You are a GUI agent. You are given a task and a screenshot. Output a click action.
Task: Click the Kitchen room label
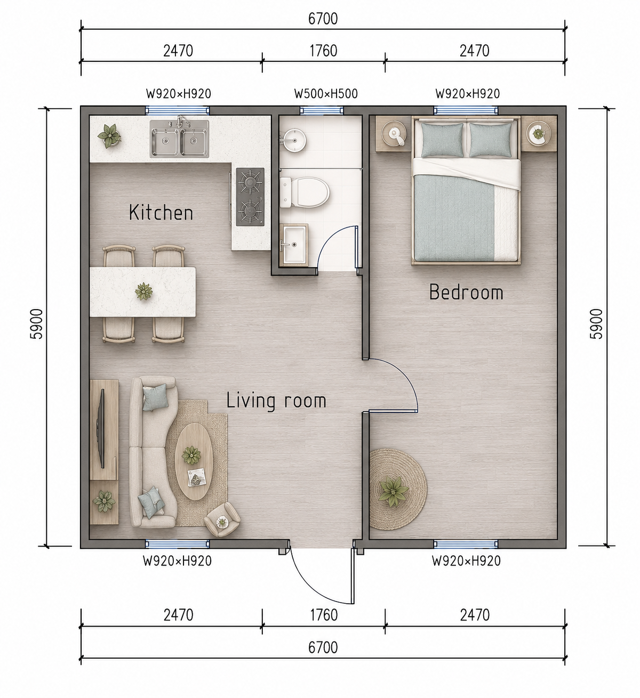161,213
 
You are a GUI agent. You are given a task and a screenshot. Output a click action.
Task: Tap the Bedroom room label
466,292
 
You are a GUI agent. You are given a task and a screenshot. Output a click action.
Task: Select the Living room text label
276,401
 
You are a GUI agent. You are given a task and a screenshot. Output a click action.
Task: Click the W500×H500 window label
326,94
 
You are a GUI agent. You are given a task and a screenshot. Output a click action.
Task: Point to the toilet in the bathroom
305,192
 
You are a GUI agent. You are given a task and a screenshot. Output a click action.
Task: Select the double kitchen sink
179,139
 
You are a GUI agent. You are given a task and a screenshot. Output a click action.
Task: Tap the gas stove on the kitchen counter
250,197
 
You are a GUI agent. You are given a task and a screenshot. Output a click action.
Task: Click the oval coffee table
194,461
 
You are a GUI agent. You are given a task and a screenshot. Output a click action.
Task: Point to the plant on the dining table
143,291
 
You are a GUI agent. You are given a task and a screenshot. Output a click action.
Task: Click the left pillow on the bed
443,140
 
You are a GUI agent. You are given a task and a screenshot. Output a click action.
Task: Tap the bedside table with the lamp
394,134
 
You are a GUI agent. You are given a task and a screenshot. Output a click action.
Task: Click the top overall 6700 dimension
323,19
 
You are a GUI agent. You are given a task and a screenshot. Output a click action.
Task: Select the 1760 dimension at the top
324,51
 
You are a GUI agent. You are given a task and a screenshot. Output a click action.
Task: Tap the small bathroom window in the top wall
322,111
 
